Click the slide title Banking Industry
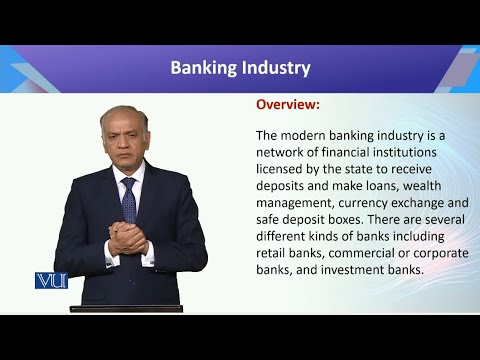(240, 68)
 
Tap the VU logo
(50, 281)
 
